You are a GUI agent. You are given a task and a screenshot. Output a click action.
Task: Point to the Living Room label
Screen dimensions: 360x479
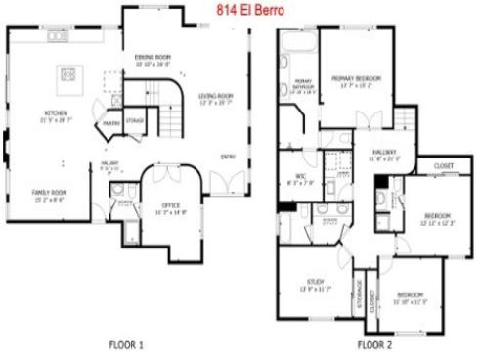click(216, 96)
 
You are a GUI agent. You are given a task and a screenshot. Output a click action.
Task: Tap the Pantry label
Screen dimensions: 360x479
click(112, 123)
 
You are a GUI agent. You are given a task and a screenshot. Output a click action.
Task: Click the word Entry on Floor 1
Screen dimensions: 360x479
click(227, 157)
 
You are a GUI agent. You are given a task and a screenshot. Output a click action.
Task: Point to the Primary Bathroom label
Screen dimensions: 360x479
click(303, 87)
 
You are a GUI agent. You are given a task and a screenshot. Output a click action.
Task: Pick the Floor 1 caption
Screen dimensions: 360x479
click(126, 345)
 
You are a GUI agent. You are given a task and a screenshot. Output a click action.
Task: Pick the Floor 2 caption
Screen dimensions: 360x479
click(374, 345)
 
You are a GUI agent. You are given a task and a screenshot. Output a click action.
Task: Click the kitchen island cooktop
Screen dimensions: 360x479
click(69, 73)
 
